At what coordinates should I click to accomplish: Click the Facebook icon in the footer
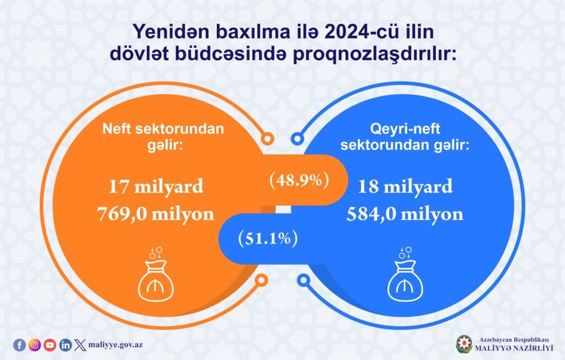pyautogui.click(x=20, y=345)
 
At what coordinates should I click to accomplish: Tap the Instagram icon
pyautogui.click(x=35, y=345)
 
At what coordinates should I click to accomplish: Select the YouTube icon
pyautogui.click(x=50, y=345)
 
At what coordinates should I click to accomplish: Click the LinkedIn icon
pyautogui.click(x=65, y=345)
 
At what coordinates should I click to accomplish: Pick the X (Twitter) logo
pyautogui.click(x=80, y=345)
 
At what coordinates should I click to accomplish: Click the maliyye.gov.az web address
pyautogui.click(x=115, y=345)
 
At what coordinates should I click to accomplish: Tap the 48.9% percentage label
pyautogui.click(x=299, y=180)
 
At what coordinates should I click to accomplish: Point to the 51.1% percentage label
pyautogui.click(x=268, y=238)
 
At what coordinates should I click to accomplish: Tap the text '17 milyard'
pyautogui.click(x=156, y=186)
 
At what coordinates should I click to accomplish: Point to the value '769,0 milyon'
pyautogui.click(x=156, y=213)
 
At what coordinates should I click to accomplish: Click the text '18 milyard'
pyautogui.click(x=406, y=186)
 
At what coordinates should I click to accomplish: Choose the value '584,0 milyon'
pyautogui.click(x=405, y=213)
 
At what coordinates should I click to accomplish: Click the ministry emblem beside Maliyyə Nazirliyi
pyautogui.click(x=463, y=344)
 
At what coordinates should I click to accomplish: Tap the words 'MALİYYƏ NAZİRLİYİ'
pyautogui.click(x=514, y=348)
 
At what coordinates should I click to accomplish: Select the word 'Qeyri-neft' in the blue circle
pyautogui.click(x=406, y=128)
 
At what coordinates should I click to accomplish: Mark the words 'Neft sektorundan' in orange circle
pyautogui.click(x=163, y=128)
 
